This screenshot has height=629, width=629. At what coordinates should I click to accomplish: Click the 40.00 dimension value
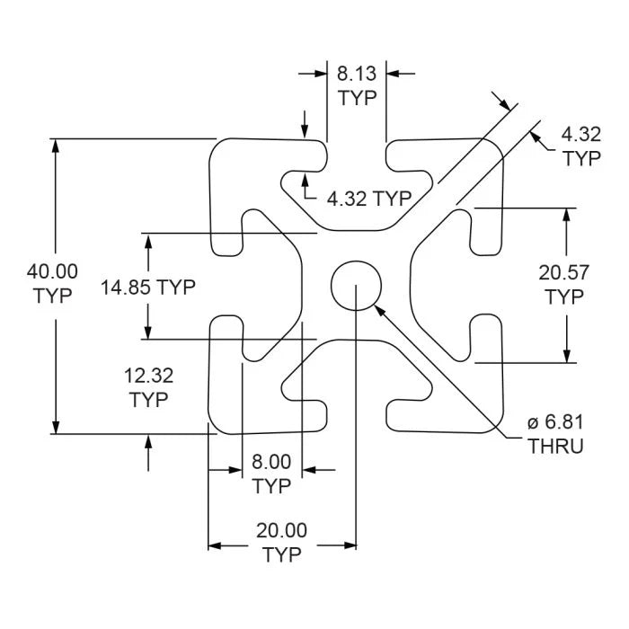[x=52, y=271]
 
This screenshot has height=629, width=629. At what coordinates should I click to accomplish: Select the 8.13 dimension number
[x=357, y=74]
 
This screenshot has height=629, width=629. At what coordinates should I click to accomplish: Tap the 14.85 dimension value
[x=126, y=288]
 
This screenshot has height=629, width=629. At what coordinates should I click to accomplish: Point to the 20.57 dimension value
[x=564, y=273]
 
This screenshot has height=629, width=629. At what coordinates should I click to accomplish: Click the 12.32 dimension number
[x=148, y=376]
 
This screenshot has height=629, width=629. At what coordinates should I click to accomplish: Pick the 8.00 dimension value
[x=271, y=462]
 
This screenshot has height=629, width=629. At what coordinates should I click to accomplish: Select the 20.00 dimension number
[x=281, y=530]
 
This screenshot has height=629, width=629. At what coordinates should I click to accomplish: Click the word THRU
[x=555, y=447]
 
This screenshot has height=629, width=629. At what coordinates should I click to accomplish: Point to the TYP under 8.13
[x=358, y=98]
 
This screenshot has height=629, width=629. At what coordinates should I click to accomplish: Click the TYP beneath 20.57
[x=565, y=297]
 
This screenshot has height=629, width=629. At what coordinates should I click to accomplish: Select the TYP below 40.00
[x=53, y=296]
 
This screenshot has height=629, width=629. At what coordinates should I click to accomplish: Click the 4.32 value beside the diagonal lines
[x=581, y=135]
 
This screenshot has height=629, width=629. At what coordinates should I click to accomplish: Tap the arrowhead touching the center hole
[x=379, y=311]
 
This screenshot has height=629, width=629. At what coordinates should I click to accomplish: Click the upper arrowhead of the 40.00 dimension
[x=56, y=146]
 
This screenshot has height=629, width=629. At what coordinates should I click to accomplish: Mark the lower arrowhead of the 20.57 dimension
[x=566, y=356]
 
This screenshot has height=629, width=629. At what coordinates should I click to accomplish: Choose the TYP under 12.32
[x=149, y=401]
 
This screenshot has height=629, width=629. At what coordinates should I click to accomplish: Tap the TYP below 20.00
[x=282, y=554]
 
